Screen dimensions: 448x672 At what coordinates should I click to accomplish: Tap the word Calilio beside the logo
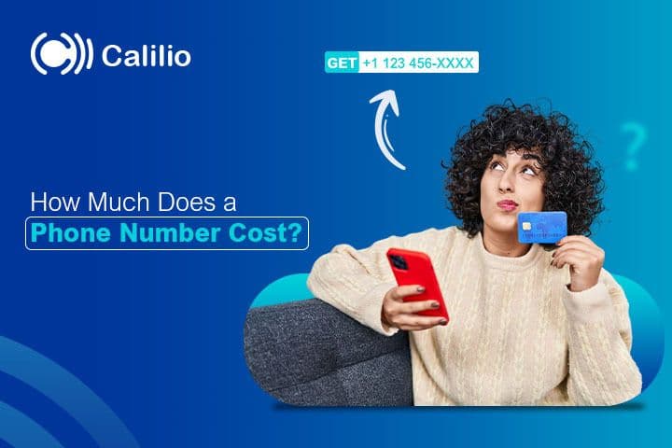[146, 56]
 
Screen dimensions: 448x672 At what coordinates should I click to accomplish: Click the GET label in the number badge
[342, 63]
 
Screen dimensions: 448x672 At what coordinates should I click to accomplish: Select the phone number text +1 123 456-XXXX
[418, 63]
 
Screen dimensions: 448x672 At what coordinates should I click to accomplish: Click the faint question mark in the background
[634, 149]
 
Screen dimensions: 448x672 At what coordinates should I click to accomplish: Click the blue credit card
[541, 227]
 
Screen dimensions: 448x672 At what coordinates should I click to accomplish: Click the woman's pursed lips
[507, 204]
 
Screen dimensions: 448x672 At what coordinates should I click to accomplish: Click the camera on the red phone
[400, 262]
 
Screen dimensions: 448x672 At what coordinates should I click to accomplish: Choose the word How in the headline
[50, 203]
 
